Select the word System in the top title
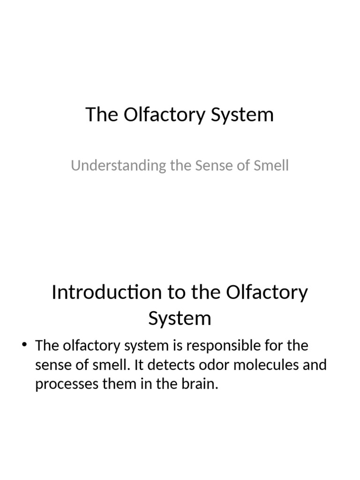click(x=242, y=115)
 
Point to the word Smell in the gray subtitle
click(x=270, y=165)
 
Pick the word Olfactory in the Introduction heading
click(x=267, y=292)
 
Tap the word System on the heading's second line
click(x=180, y=319)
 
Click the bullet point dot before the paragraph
click(x=25, y=345)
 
